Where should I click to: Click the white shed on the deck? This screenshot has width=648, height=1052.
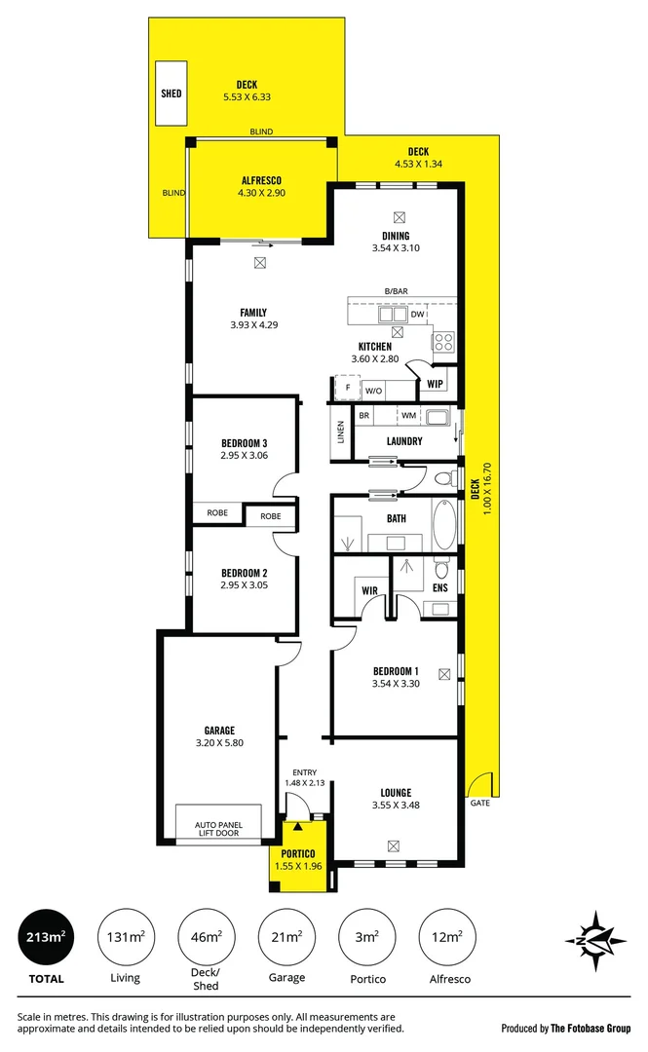tap(172, 94)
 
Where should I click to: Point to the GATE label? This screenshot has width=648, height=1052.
tap(479, 804)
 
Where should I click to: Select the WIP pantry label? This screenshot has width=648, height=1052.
tap(435, 384)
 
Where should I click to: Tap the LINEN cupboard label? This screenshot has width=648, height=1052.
tap(340, 430)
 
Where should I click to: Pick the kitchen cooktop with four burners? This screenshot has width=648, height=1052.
tap(443, 341)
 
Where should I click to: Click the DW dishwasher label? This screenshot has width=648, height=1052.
tap(417, 315)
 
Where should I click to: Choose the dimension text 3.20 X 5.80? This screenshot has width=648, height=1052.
tap(219, 742)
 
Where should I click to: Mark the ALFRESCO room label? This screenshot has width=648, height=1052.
tap(261, 180)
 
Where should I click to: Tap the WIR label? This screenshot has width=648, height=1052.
tap(369, 590)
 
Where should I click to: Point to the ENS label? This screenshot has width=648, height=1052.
tap(439, 587)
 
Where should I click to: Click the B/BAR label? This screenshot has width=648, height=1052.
tap(396, 291)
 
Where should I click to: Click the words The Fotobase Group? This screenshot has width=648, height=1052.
tap(591, 1028)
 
